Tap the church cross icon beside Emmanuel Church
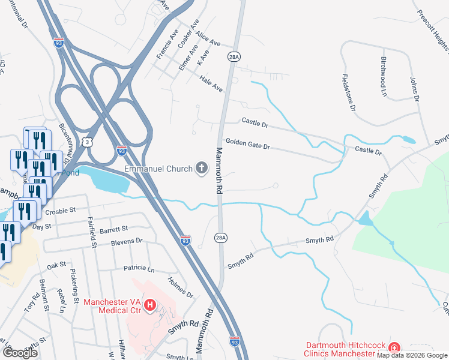pyautogui.click(x=201, y=169)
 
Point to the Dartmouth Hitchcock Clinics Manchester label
pyautogui.click(x=344, y=349)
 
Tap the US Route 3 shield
pyautogui.click(x=89, y=142)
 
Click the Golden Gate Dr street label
pyautogui.click(x=248, y=146)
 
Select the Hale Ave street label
pyautogui.click(x=211, y=83)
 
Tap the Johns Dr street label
pyautogui.click(x=414, y=88)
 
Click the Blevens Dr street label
pyautogui.click(x=126, y=241)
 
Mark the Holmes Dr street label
pyautogui.click(x=181, y=287)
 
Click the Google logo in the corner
pyautogui.click(x=20, y=353)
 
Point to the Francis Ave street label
pyautogui.click(x=167, y=44)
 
